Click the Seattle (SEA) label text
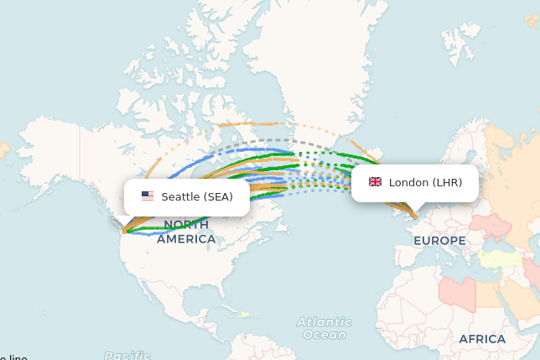click(197, 197)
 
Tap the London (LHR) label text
click(425, 182)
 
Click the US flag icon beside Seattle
click(148, 196)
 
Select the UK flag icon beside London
click(375, 182)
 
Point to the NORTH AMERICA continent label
click(186, 232)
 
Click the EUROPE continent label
click(439, 241)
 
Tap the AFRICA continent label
click(482, 339)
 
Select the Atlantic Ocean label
click(324, 328)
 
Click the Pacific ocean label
click(127, 355)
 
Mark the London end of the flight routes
click(414, 217)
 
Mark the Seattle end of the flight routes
click(124, 231)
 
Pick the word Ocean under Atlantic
click(324, 335)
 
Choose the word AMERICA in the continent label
click(186, 239)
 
